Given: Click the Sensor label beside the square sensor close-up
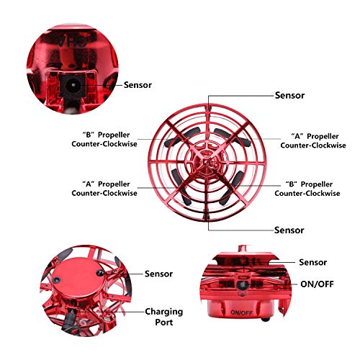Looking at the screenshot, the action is coord(138,85).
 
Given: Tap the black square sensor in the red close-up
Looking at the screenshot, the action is coord(72,85).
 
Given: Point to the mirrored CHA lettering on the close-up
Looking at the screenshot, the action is coord(72,41).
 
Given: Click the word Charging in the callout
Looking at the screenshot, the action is coord(163,312).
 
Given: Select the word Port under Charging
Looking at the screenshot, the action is coord(164,322).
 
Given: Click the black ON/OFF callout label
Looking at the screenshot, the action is coord(317,284).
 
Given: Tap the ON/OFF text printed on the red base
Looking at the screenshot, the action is coord(241,313).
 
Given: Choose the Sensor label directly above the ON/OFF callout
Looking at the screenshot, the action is coord(312,262).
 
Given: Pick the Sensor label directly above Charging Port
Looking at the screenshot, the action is coord(158,274).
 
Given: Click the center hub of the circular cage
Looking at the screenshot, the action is coord(207,162).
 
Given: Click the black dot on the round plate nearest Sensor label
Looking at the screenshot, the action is coord(100,272).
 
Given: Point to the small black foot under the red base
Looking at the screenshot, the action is coord(265,320).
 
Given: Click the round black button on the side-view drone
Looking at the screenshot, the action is coord(242,284).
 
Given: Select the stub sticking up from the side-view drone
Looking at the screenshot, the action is coord(243,248).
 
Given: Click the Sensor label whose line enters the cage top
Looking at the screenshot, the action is coord(289,95).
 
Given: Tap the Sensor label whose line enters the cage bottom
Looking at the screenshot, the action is coord(289,230).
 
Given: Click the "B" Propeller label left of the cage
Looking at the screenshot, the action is coord(104,139).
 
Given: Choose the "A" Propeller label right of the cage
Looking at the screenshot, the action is coord(313,140).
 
